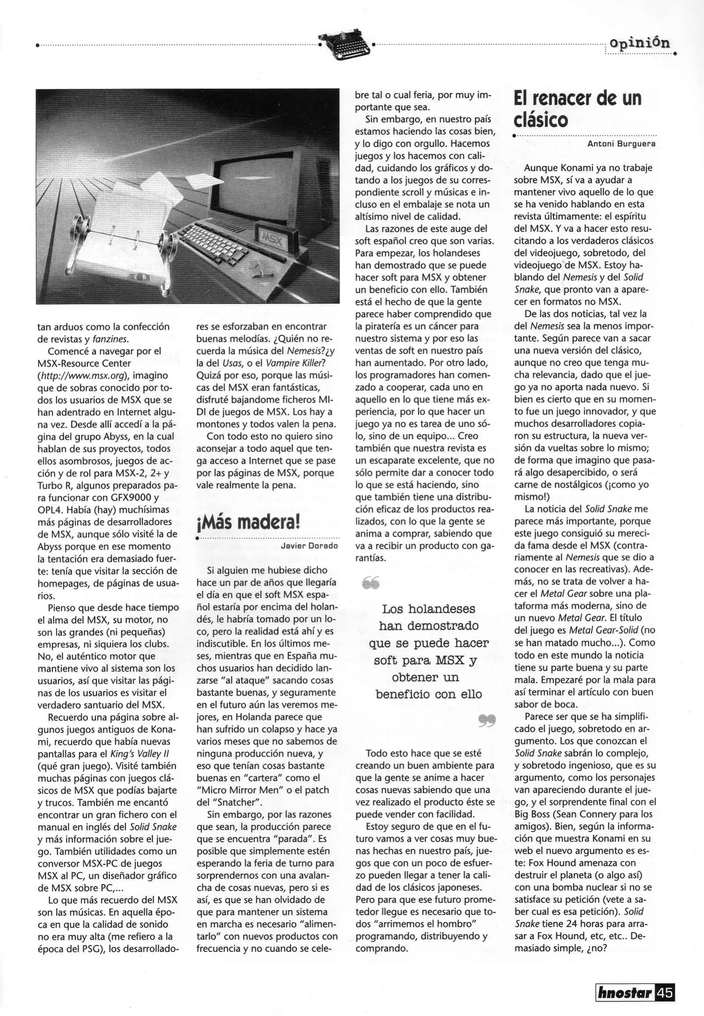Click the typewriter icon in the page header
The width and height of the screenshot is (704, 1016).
[x=345, y=45]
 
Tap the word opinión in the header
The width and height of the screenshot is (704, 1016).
[x=639, y=43]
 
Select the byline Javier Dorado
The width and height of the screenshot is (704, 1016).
[x=309, y=546]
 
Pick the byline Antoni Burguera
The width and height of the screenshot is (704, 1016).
[x=621, y=144]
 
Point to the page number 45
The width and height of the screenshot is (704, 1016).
[x=665, y=993]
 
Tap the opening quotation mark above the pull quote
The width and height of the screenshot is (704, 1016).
[x=371, y=584]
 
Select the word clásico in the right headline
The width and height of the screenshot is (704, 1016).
[x=541, y=120]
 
